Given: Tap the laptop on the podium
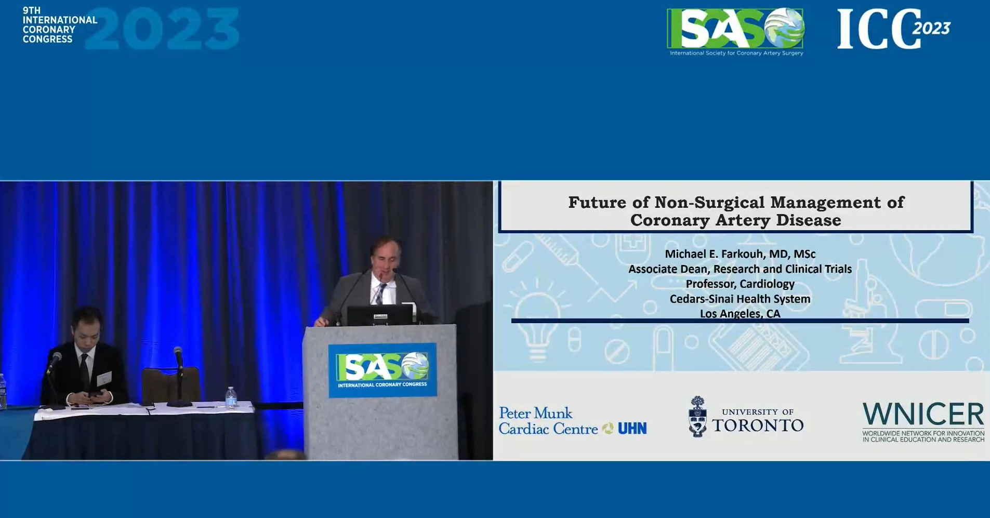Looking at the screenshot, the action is pyautogui.click(x=380, y=315).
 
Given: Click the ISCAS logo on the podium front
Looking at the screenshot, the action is pyautogui.click(x=382, y=370).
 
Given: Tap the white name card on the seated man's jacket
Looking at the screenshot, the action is pyautogui.click(x=104, y=379).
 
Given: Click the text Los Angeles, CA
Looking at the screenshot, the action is pyautogui.click(x=740, y=313).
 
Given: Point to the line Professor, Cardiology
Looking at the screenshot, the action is pyautogui.click(x=740, y=284).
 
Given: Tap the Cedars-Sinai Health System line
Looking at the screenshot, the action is pyautogui.click(x=740, y=299).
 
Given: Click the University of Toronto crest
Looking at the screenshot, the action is pyautogui.click(x=697, y=417).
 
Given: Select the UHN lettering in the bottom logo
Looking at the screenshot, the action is pyautogui.click(x=632, y=429).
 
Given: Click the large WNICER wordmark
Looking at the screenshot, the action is pyautogui.click(x=923, y=415).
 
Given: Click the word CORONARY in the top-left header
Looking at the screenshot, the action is pyautogui.click(x=49, y=30).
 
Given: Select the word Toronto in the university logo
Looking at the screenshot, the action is pyautogui.click(x=758, y=425).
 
